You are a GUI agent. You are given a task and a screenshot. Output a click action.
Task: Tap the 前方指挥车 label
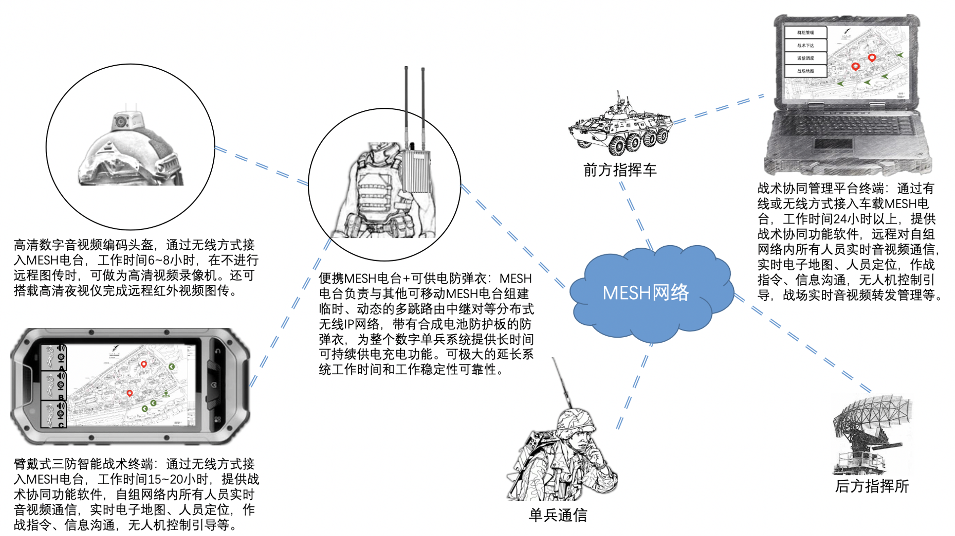pyautogui.click(x=620, y=170)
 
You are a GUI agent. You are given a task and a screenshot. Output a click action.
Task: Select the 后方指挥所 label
pyautogui.click(x=871, y=486)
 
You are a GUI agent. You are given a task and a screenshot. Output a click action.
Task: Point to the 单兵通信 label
pyautogui.click(x=558, y=515)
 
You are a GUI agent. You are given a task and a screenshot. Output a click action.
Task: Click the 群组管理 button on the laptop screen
pyautogui.click(x=805, y=33)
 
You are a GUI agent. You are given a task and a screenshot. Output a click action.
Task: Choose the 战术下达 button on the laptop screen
pyautogui.click(x=805, y=45)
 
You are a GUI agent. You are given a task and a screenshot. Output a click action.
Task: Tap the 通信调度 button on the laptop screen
pyautogui.click(x=805, y=58)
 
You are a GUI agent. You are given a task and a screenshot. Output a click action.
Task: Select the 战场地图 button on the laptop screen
pyautogui.click(x=805, y=71)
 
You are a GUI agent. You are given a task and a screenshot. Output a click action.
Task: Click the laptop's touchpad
pyautogui.click(x=833, y=144)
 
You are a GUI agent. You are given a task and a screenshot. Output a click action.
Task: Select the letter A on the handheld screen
pyautogui.click(x=61, y=368)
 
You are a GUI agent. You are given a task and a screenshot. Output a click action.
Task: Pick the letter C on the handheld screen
pyautogui.click(x=61, y=425)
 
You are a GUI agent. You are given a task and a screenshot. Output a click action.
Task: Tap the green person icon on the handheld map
pyautogui.click(x=166, y=394)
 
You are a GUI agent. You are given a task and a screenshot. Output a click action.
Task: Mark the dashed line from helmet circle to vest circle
pyautogui.click(x=261, y=166)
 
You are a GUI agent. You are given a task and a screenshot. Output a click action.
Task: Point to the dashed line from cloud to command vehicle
pyautogui.click(x=636, y=215)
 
